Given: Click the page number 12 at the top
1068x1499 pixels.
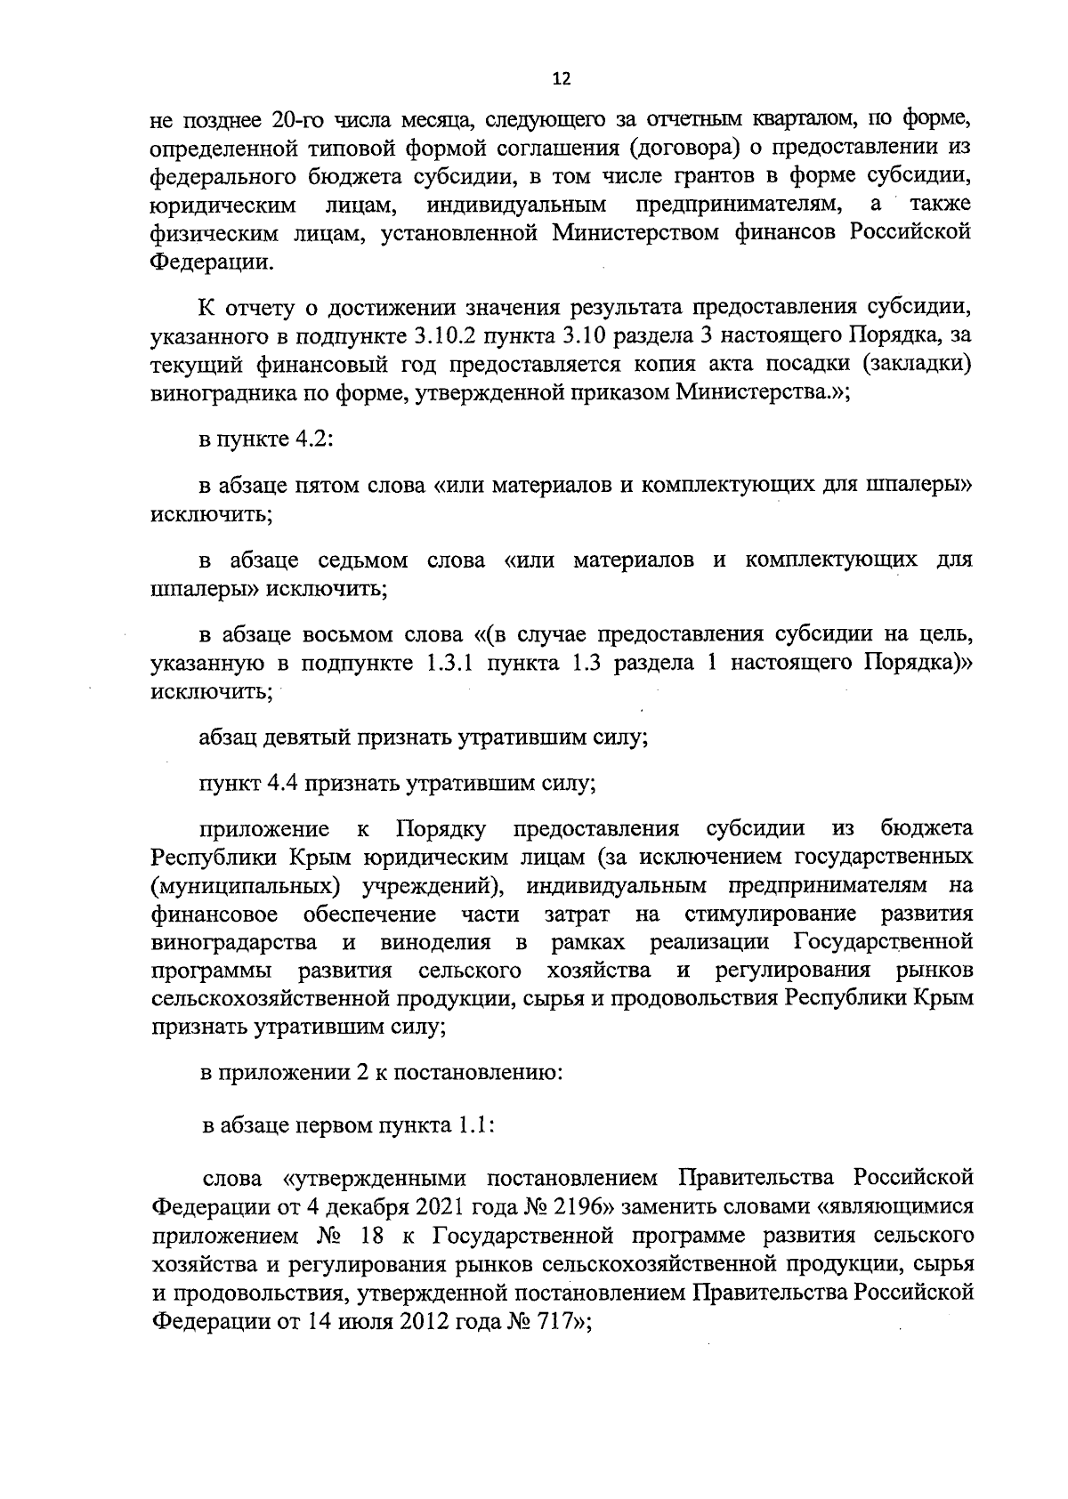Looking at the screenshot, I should (561, 79).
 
